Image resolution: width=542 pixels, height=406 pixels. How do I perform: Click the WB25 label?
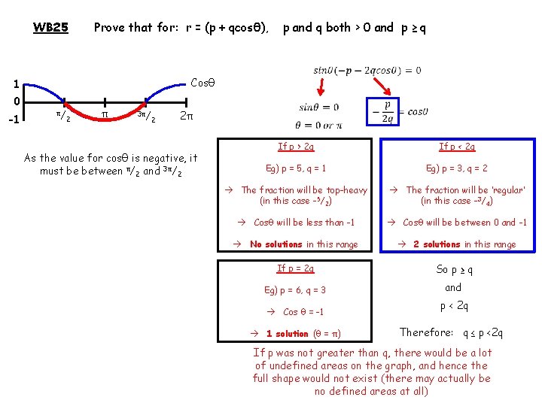(50, 28)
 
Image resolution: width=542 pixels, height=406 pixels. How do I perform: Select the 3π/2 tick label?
(147, 117)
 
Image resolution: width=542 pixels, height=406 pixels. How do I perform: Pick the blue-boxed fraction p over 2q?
(387, 111)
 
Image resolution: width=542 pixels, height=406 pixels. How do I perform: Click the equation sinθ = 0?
(318, 108)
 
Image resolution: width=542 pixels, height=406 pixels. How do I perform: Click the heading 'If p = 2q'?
(296, 268)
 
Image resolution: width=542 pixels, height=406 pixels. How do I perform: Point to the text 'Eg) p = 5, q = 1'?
(295, 169)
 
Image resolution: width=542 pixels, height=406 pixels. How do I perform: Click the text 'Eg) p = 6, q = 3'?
(295, 290)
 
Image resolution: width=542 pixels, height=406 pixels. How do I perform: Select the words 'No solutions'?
(276, 244)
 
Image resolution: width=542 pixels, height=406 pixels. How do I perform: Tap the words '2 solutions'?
(441, 244)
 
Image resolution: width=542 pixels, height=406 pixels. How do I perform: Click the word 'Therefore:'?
(426, 332)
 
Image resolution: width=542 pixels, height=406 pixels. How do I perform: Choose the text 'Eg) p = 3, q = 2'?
(457, 169)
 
